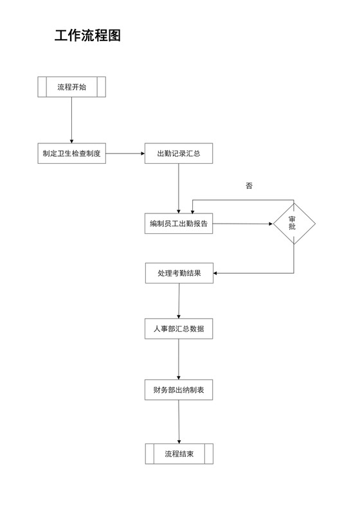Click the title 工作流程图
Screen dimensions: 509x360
coord(88,36)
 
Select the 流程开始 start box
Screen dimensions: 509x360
coord(71,87)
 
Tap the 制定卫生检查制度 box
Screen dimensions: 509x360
coord(71,154)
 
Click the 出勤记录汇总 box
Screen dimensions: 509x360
coord(178,154)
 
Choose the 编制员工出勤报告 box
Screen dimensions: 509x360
coord(178,224)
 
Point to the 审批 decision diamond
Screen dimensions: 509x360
coord(294,224)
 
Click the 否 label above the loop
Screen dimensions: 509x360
coord(249,186)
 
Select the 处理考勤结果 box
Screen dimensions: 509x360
coord(179,273)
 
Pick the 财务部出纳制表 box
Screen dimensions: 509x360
coord(179,389)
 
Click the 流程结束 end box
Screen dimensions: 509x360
coord(179,454)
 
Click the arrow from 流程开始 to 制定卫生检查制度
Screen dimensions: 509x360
coord(71,120)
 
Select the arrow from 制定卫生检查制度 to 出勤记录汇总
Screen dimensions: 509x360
coord(125,154)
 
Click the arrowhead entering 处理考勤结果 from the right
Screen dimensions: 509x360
coord(217,273)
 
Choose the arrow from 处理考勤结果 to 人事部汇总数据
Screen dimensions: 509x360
coord(179,301)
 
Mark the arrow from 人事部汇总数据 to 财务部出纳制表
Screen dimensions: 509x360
coord(179,359)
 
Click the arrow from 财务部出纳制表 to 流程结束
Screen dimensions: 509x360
coord(179,422)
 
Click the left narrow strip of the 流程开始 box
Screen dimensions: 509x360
coord(42,87)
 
